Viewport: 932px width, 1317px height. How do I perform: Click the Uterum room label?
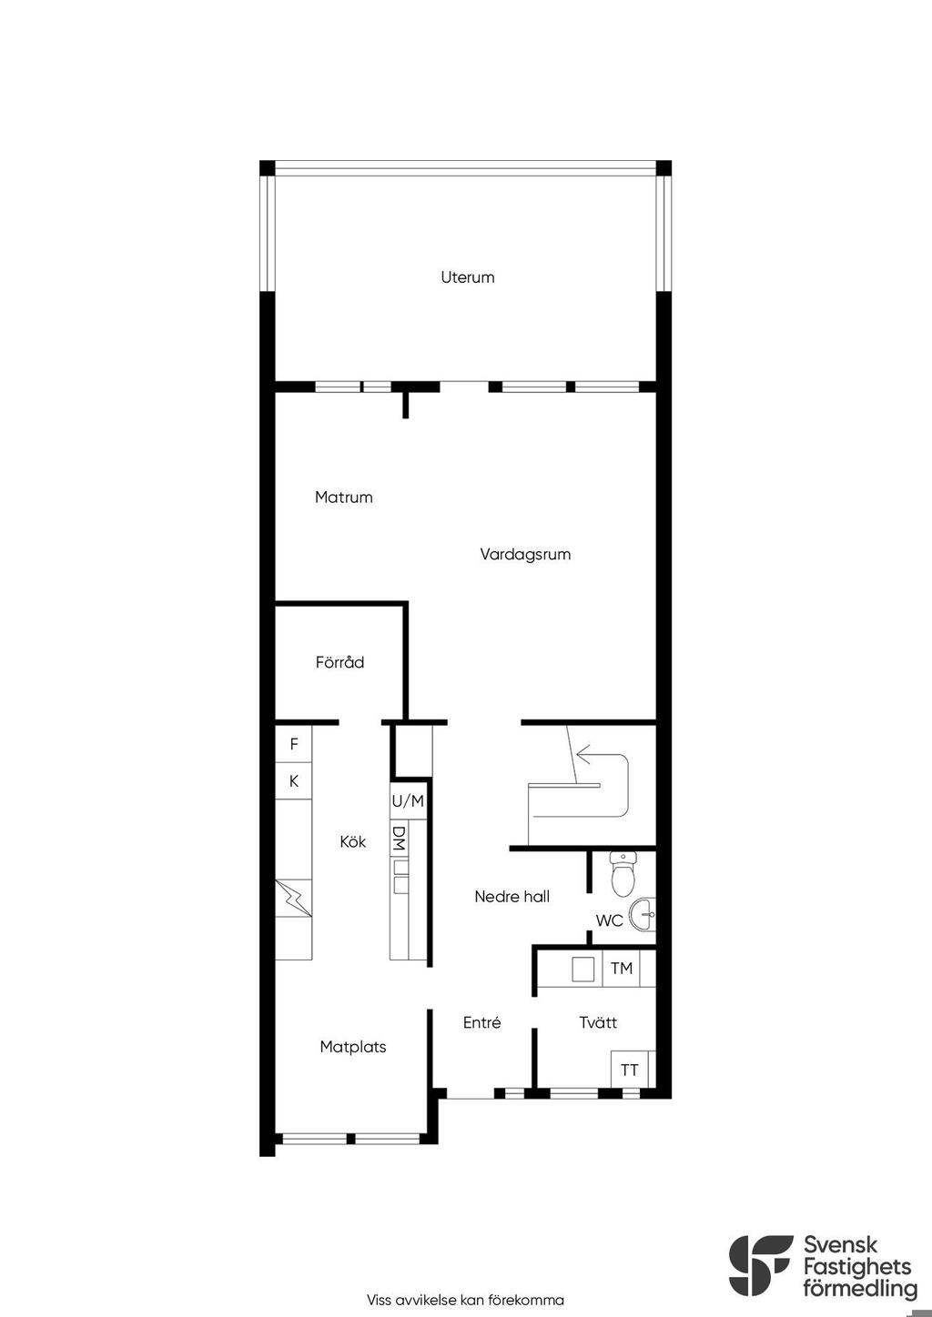click(468, 276)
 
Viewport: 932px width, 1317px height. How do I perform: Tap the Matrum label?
click(344, 498)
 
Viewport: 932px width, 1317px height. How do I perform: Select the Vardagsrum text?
click(525, 555)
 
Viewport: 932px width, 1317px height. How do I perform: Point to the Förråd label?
click(339, 663)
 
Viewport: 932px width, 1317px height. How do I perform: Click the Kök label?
click(353, 841)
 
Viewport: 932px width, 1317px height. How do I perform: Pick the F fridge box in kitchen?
click(294, 744)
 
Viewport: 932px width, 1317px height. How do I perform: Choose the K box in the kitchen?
click(294, 780)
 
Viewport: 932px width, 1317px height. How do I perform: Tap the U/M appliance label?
click(408, 800)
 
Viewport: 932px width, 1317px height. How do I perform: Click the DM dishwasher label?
click(399, 839)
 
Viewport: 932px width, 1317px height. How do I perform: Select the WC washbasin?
click(643, 915)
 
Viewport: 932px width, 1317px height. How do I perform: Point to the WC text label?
click(609, 920)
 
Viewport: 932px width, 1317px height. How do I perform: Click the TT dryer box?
click(630, 1070)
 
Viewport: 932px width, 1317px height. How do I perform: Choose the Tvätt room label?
click(598, 1022)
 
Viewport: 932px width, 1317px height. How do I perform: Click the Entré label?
click(481, 1022)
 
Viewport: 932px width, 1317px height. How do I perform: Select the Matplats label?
click(353, 1047)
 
